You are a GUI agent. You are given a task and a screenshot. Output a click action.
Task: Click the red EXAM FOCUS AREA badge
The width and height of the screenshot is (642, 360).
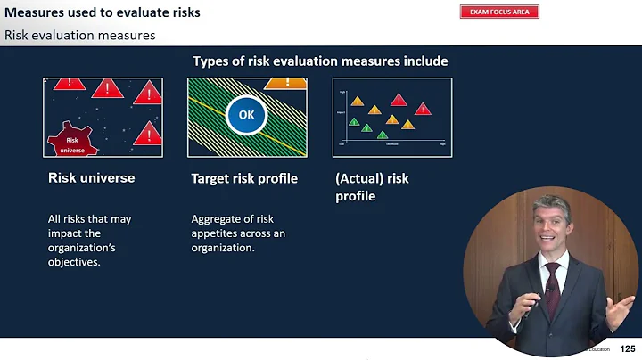click(499, 12)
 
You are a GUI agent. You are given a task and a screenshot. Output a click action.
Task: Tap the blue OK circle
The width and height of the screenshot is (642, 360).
click(246, 116)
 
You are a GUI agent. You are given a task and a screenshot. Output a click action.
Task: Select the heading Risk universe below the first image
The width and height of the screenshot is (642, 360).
click(91, 178)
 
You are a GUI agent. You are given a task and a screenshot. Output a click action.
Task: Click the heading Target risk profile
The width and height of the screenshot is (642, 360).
click(244, 178)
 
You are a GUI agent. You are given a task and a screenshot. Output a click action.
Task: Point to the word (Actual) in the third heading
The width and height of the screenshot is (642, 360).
click(358, 178)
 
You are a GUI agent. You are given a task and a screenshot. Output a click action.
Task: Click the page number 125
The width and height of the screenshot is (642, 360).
click(628, 348)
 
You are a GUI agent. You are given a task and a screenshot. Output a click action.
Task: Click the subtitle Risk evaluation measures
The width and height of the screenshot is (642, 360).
click(80, 36)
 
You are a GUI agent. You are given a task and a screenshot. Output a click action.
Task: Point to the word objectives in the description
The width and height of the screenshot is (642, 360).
click(75, 262)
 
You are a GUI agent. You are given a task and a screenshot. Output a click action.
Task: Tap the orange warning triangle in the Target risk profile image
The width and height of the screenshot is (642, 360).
click(285, 83)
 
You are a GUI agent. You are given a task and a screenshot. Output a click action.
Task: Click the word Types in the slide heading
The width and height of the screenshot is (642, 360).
click(210, 61)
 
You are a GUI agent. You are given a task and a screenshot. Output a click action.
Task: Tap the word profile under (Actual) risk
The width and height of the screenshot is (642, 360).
click(355, 196)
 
